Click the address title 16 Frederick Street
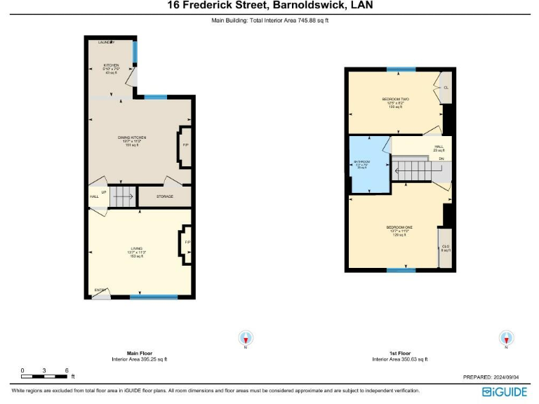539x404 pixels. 270,6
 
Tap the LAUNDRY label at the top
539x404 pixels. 107,43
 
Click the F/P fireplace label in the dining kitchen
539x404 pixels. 185,145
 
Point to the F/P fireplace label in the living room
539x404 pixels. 187,243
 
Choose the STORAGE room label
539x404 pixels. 165,197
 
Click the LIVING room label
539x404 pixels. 137,249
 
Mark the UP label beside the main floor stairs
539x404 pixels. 104,191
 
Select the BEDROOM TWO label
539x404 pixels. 395,100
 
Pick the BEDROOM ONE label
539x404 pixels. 399,228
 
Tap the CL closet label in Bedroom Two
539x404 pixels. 446,87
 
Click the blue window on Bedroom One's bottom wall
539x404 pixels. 401,270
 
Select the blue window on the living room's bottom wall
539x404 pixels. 154,297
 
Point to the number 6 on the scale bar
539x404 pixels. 66,370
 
